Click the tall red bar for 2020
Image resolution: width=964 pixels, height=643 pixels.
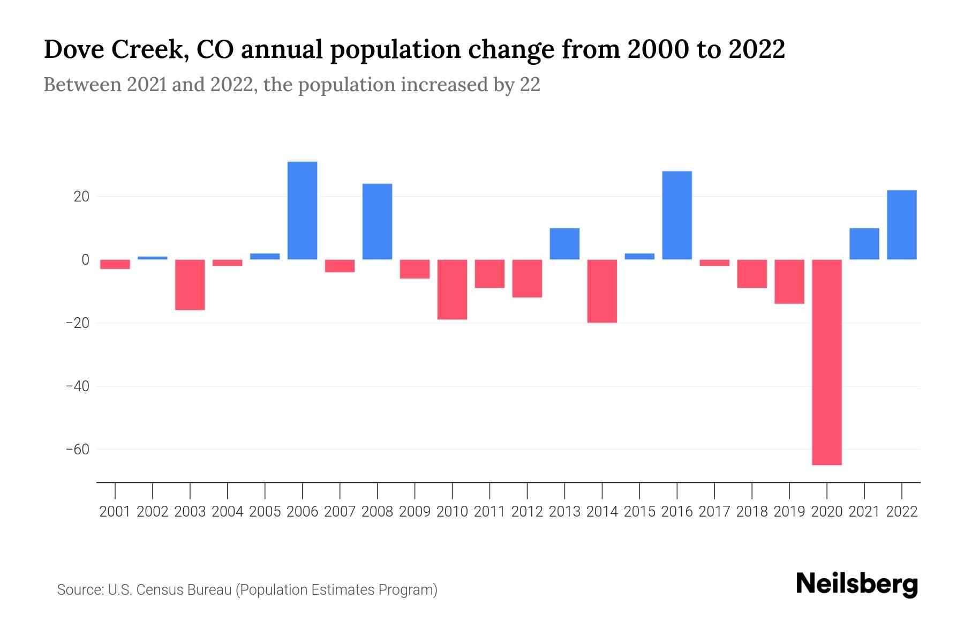(x=827, y=362)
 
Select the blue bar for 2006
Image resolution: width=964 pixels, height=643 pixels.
(x=302, y=211)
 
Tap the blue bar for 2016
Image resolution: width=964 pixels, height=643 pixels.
(x=677, y=215)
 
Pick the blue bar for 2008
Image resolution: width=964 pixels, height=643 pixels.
(x=377, y=222)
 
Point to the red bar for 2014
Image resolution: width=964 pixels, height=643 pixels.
(x=602, y=291)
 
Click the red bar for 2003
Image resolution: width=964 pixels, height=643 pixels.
(x=190, y=285)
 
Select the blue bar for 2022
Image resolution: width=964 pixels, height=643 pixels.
(x=902, y=225)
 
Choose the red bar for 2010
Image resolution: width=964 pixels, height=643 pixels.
(x=452, y=289)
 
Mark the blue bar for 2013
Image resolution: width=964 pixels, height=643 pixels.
(x=564, y=244)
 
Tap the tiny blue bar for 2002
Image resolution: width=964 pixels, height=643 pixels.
(x=153, y=258)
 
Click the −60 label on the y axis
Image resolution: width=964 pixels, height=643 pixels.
(x=78, y=449)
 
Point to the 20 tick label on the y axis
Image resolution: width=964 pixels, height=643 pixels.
(x=81, y=197)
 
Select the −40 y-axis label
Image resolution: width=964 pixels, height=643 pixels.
(x=78, y=386)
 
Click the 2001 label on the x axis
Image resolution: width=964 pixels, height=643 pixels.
(x=115, y=512)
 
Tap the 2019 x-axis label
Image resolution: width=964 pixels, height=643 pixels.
(x=789, y=512)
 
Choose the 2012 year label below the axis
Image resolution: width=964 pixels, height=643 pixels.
(x=527, y=512)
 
